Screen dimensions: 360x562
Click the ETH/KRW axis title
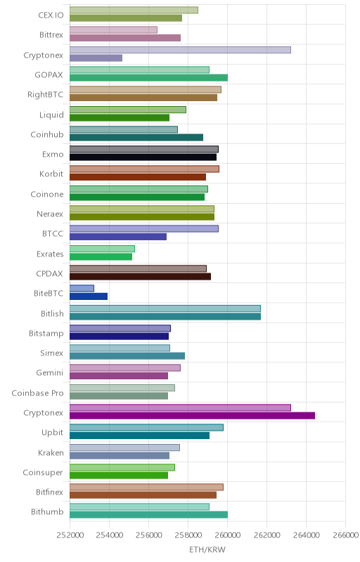pos(207,549)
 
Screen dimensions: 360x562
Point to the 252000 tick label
pos(70,535)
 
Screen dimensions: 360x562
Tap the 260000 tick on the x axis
pos(227,535)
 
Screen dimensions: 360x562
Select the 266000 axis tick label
pos(345,535)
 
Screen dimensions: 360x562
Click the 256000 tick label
pos(148,535)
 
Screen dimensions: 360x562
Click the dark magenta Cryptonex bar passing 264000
pos(192,416)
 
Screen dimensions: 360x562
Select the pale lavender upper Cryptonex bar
pos(180,50)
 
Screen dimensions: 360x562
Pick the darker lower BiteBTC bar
pos(89,296)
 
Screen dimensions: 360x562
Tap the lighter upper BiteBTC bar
pos(82,288)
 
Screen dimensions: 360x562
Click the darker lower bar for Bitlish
pos(165,317)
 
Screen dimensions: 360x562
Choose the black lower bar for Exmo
pos(143,157)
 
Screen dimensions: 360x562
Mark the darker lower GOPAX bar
pos(148,78)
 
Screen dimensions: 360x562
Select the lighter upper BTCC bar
pos(143,229)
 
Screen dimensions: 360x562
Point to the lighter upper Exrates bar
pos(102,249)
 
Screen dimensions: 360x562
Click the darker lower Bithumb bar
pos(148,515)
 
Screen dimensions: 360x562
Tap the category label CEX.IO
pos(51,15)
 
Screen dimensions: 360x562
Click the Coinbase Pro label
pos(38,393)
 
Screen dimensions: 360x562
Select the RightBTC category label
pos(46,95)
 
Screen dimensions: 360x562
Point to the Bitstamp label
pos(46,333)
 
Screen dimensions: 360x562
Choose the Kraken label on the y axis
pos(51,452)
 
